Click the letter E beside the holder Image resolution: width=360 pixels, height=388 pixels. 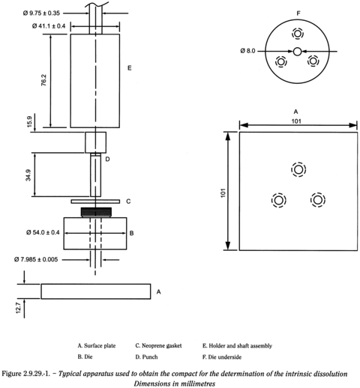[x=130, y=68]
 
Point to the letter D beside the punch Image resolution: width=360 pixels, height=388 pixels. [x=108, y=159]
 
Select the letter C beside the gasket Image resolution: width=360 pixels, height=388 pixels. [x=129, y=201]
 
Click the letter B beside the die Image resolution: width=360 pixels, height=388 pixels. [x=131, y=233]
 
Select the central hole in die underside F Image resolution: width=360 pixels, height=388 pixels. [x=298, y=51]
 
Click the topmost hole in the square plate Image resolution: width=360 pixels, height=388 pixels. [x=298, y=169]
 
